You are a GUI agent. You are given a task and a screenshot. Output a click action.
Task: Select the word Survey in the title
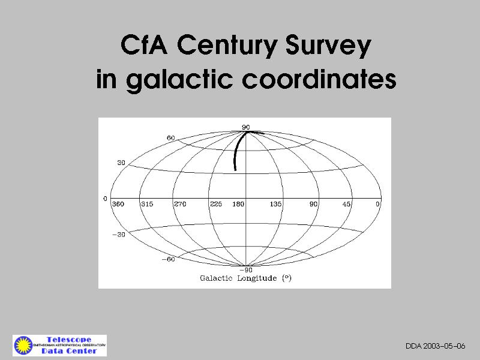[328, 46]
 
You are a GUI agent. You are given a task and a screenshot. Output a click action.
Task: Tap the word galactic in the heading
[179, 80]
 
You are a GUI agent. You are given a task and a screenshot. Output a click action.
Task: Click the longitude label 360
[118, 204]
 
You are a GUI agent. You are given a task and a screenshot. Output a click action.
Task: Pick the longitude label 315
[147, 204]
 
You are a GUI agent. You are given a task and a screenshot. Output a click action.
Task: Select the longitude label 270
[180, 204]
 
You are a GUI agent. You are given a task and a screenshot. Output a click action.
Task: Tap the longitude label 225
[216, 204]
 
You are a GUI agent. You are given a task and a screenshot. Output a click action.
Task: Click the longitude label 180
[238, 204]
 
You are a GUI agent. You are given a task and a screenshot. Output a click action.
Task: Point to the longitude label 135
[275, 204]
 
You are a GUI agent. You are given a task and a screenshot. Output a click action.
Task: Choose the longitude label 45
[346, 204]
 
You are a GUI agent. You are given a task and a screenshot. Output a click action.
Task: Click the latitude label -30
[119, 235]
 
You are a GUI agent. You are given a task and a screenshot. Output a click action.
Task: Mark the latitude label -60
[169, 259]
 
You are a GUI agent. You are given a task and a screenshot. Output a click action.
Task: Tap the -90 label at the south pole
[246, 270]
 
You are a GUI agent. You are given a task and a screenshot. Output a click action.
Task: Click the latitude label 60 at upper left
[171, 138]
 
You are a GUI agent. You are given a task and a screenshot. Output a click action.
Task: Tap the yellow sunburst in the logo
[23, 346]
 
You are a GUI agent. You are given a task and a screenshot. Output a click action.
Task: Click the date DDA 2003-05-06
[436, 346]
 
